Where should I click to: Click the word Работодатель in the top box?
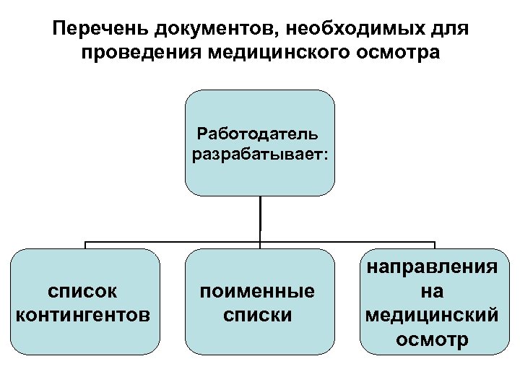[x=259, y=134]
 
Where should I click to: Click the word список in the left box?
[x=83, y=292]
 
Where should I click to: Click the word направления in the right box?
[x=430, y=268]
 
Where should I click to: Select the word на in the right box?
[x=430, y=292]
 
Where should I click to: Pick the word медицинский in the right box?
[x=430, y=316]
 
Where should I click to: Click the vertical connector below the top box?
[x=260, y=217]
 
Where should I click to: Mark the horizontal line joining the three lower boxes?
[x=173, y=241]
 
